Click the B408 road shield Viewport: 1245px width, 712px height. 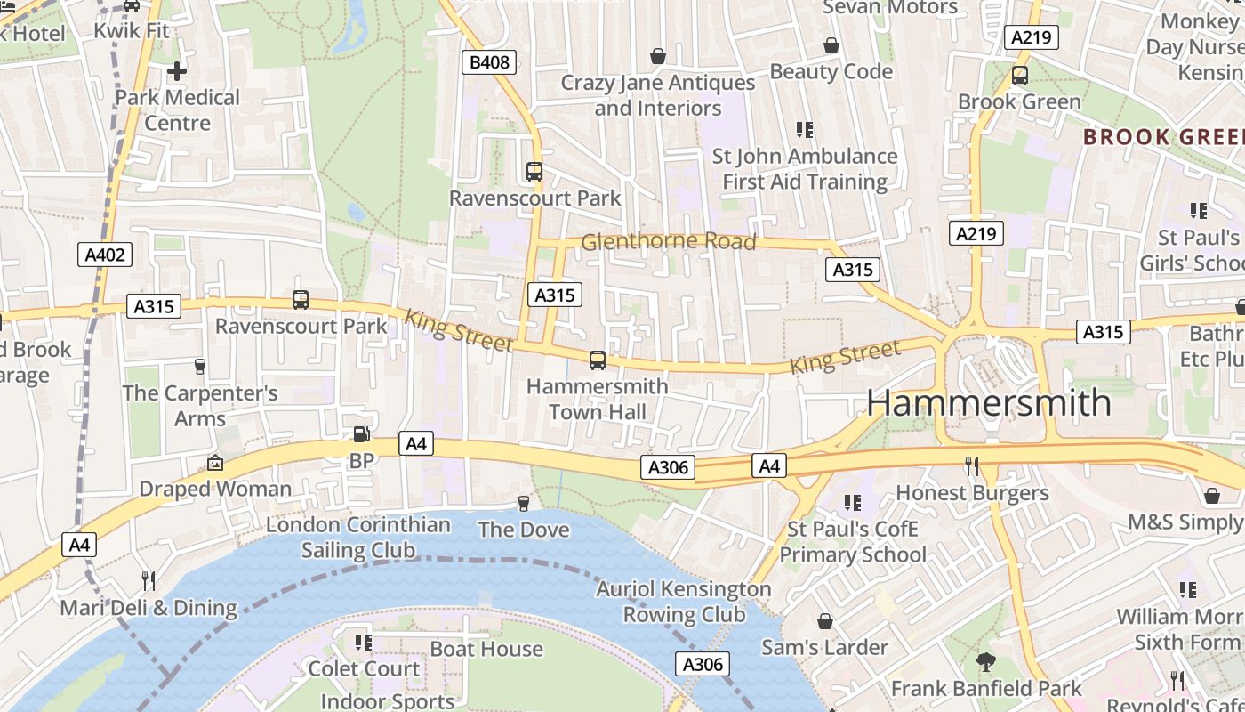pyautogui.click(x=489, y=61)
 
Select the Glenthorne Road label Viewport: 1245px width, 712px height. pyautogui.click(x=668, y=241)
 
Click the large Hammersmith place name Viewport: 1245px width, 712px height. pyautogui.click(x=989, y=402)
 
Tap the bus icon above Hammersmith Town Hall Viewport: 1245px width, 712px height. pyautogui.click(x=598, y=360)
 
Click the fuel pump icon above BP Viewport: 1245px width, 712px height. pyautogui.click(x=362, y=434)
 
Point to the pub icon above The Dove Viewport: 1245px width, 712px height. pyautogui.click(x=524, y=503)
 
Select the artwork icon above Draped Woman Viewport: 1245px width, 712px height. pyautogui.click(x=214, y=463)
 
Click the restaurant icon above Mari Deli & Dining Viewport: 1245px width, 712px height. pyautogui.click(x=149, y=581)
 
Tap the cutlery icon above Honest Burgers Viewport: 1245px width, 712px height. pyautogui.click(x=972, y=465)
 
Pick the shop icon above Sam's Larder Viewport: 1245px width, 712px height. pyautogui.click(x=824, y=620)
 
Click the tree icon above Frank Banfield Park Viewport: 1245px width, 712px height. pyautogui.click(x=985, y=662)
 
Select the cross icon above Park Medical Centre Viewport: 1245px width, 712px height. pyautogui.click(x=177, y=70)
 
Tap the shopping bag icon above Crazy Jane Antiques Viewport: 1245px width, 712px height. pyautogui.click(x=658, y=56)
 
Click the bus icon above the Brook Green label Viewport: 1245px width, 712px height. pyautogui.click(x=1019, y=76)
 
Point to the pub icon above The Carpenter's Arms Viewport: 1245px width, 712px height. pyautogui.click(x=200, y=366)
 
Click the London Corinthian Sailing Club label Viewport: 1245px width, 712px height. pyautogui.click(x=358, y=537)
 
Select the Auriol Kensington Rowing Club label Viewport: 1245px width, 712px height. pyautogui.click(x=684, y=602)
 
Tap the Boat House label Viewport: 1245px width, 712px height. pyautogui.click(x=486, y=649)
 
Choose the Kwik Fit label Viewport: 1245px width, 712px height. pyautogui.click(x=132, y=30)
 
